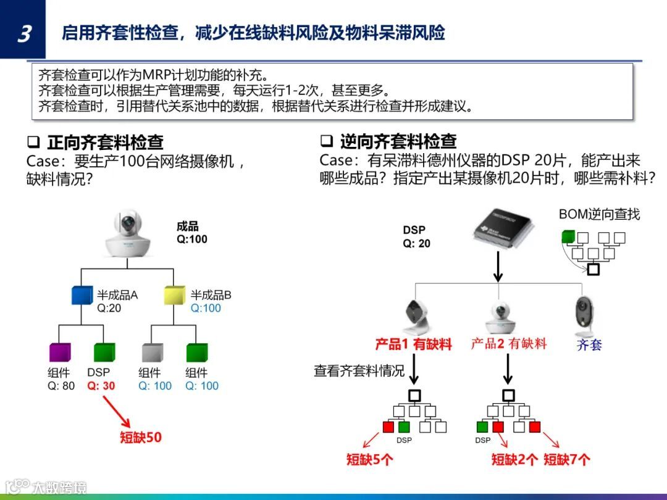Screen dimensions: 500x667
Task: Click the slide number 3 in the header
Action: point(23,34)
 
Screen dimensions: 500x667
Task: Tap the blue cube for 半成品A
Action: point(82,297)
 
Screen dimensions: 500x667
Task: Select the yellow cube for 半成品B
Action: point(175,297)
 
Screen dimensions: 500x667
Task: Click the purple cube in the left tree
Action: point(60,352)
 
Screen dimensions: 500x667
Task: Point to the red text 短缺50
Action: point(141,437)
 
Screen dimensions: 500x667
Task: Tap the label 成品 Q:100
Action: point(192,233)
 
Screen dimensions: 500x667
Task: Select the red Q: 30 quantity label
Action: point(101,386)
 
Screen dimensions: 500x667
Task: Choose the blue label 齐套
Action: point(589,344)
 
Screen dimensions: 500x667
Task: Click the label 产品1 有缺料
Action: point(413,344)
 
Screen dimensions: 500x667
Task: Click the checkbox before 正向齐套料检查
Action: point(33,142)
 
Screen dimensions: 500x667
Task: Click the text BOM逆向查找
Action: point(599,214)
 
